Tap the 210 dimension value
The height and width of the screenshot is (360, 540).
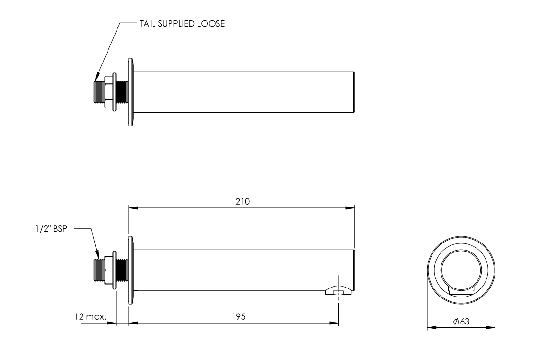click(x=243, y=201)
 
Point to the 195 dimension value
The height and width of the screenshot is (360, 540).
click(x=239, y=316)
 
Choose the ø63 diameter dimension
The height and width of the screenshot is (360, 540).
click(x=461, y=322)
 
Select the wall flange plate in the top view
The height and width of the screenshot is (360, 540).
click(x=130, y=92)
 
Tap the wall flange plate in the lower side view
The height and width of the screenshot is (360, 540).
click(x=130, y=270)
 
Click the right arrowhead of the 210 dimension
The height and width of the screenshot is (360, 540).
click(x=352, y=207)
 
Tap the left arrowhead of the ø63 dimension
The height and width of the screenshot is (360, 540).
click(x=430, y=327)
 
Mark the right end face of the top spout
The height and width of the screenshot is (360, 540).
click(x=354, y=92)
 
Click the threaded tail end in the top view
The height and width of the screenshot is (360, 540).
click(x=99, y=92)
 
